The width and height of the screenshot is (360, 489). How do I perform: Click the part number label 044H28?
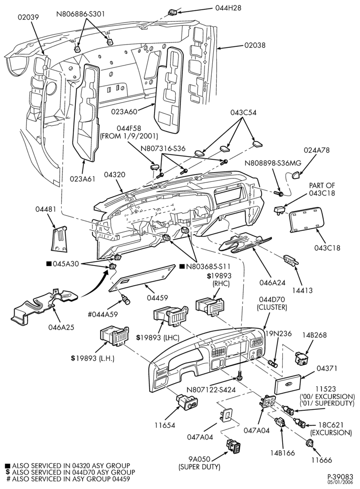click(228, 8)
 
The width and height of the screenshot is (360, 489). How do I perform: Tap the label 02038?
click(255, 45)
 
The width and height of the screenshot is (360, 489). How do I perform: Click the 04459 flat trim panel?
click(142, 279)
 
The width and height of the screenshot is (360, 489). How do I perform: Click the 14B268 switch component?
click(302, 358)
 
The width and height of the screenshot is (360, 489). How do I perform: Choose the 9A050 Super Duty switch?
click(233, 447)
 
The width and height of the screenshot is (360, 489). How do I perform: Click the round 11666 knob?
click(310, 443)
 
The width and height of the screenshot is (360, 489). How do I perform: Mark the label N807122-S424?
click(211, 390)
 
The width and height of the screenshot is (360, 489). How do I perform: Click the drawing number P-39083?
click(340, 477)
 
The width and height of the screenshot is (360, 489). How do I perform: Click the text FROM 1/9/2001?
click(129, 136)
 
